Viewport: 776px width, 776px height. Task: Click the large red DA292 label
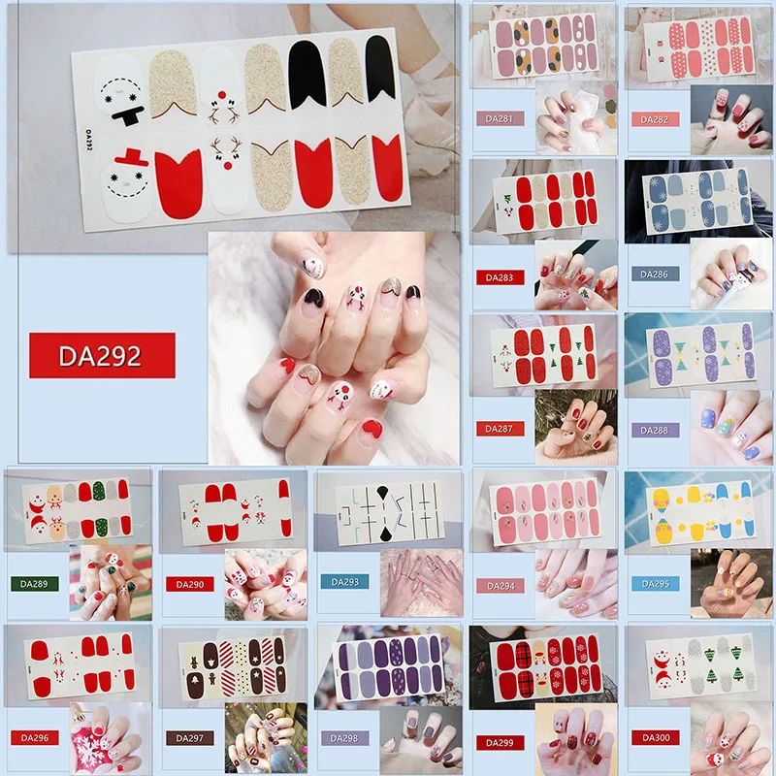(102, 355)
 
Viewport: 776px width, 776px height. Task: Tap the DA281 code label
(501, 119)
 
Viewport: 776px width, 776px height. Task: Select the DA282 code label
(655, 119)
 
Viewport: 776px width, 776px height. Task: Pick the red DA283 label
(501, 276)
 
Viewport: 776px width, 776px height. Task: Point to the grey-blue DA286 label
(655, 275)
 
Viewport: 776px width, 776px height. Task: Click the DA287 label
(501, 428)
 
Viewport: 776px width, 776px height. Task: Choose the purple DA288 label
(655, 428)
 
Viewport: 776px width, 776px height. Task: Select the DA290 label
(189, 584)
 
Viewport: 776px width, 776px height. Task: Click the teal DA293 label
(344, 582)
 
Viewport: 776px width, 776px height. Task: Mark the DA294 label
(501, 584)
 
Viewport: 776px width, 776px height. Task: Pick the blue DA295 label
(655, 584)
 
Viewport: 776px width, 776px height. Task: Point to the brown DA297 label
(189, 738)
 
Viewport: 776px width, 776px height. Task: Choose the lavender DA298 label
(344, 738)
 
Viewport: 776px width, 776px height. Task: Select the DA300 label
(655, 737)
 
